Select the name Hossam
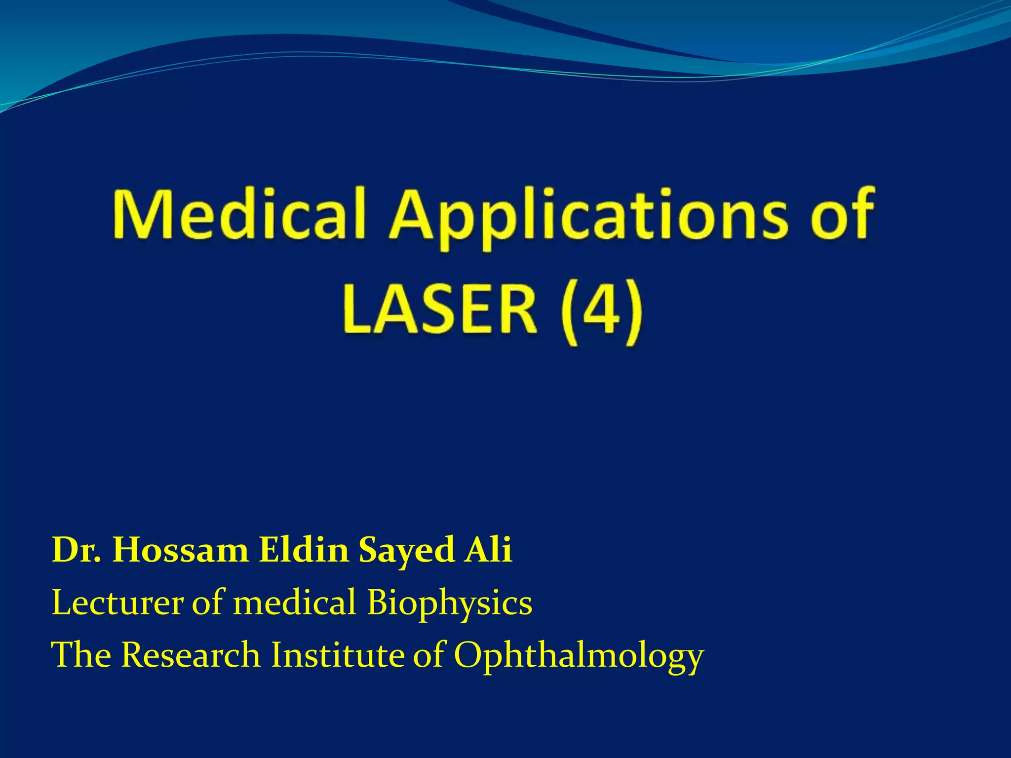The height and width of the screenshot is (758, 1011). click(181, 550)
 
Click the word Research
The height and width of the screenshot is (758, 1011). click(191, 655)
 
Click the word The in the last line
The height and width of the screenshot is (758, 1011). click(81, 655)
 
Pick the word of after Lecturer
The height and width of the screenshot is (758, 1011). click(208, 603)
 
